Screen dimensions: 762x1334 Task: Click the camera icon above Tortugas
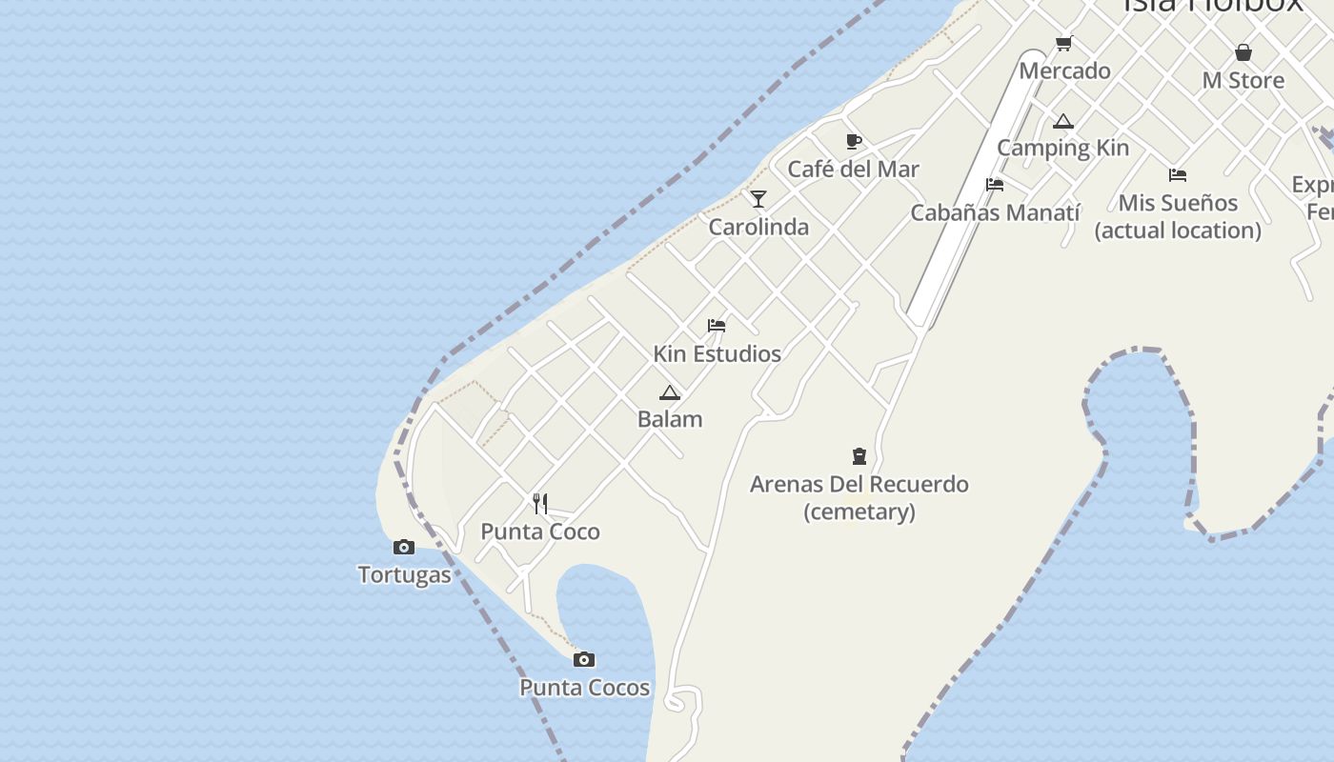coord(404,547)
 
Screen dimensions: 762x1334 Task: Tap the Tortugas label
coord(404,574)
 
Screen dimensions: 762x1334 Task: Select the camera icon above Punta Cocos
coord(584,659)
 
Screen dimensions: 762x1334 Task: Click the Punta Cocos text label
coord(584,687)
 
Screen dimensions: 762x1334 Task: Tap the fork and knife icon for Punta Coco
coord(540,503)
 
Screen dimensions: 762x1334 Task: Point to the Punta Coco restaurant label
coord(540,531)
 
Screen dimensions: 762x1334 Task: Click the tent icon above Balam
coord(670,392)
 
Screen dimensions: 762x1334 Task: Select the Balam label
coord(670,419)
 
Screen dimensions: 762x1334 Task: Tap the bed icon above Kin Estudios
coord(717,326)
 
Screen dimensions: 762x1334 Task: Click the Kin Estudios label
coord(717,353)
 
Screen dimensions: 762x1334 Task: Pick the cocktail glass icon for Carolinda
coord(758,199)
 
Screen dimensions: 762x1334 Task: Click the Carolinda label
coord(758,227)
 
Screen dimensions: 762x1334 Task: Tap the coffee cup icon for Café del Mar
coord(854,142)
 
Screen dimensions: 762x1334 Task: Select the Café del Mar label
coord(853,170)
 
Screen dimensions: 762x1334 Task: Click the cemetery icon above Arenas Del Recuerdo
coord(859,456)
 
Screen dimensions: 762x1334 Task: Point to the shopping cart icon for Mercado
coord(1064,44)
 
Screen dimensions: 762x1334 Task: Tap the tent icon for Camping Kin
coord(1063,121)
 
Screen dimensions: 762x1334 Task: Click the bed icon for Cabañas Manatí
coord(995,185)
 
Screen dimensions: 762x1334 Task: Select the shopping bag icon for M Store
coord(1243,52)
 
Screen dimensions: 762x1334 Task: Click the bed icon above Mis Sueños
coord(1178,175)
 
